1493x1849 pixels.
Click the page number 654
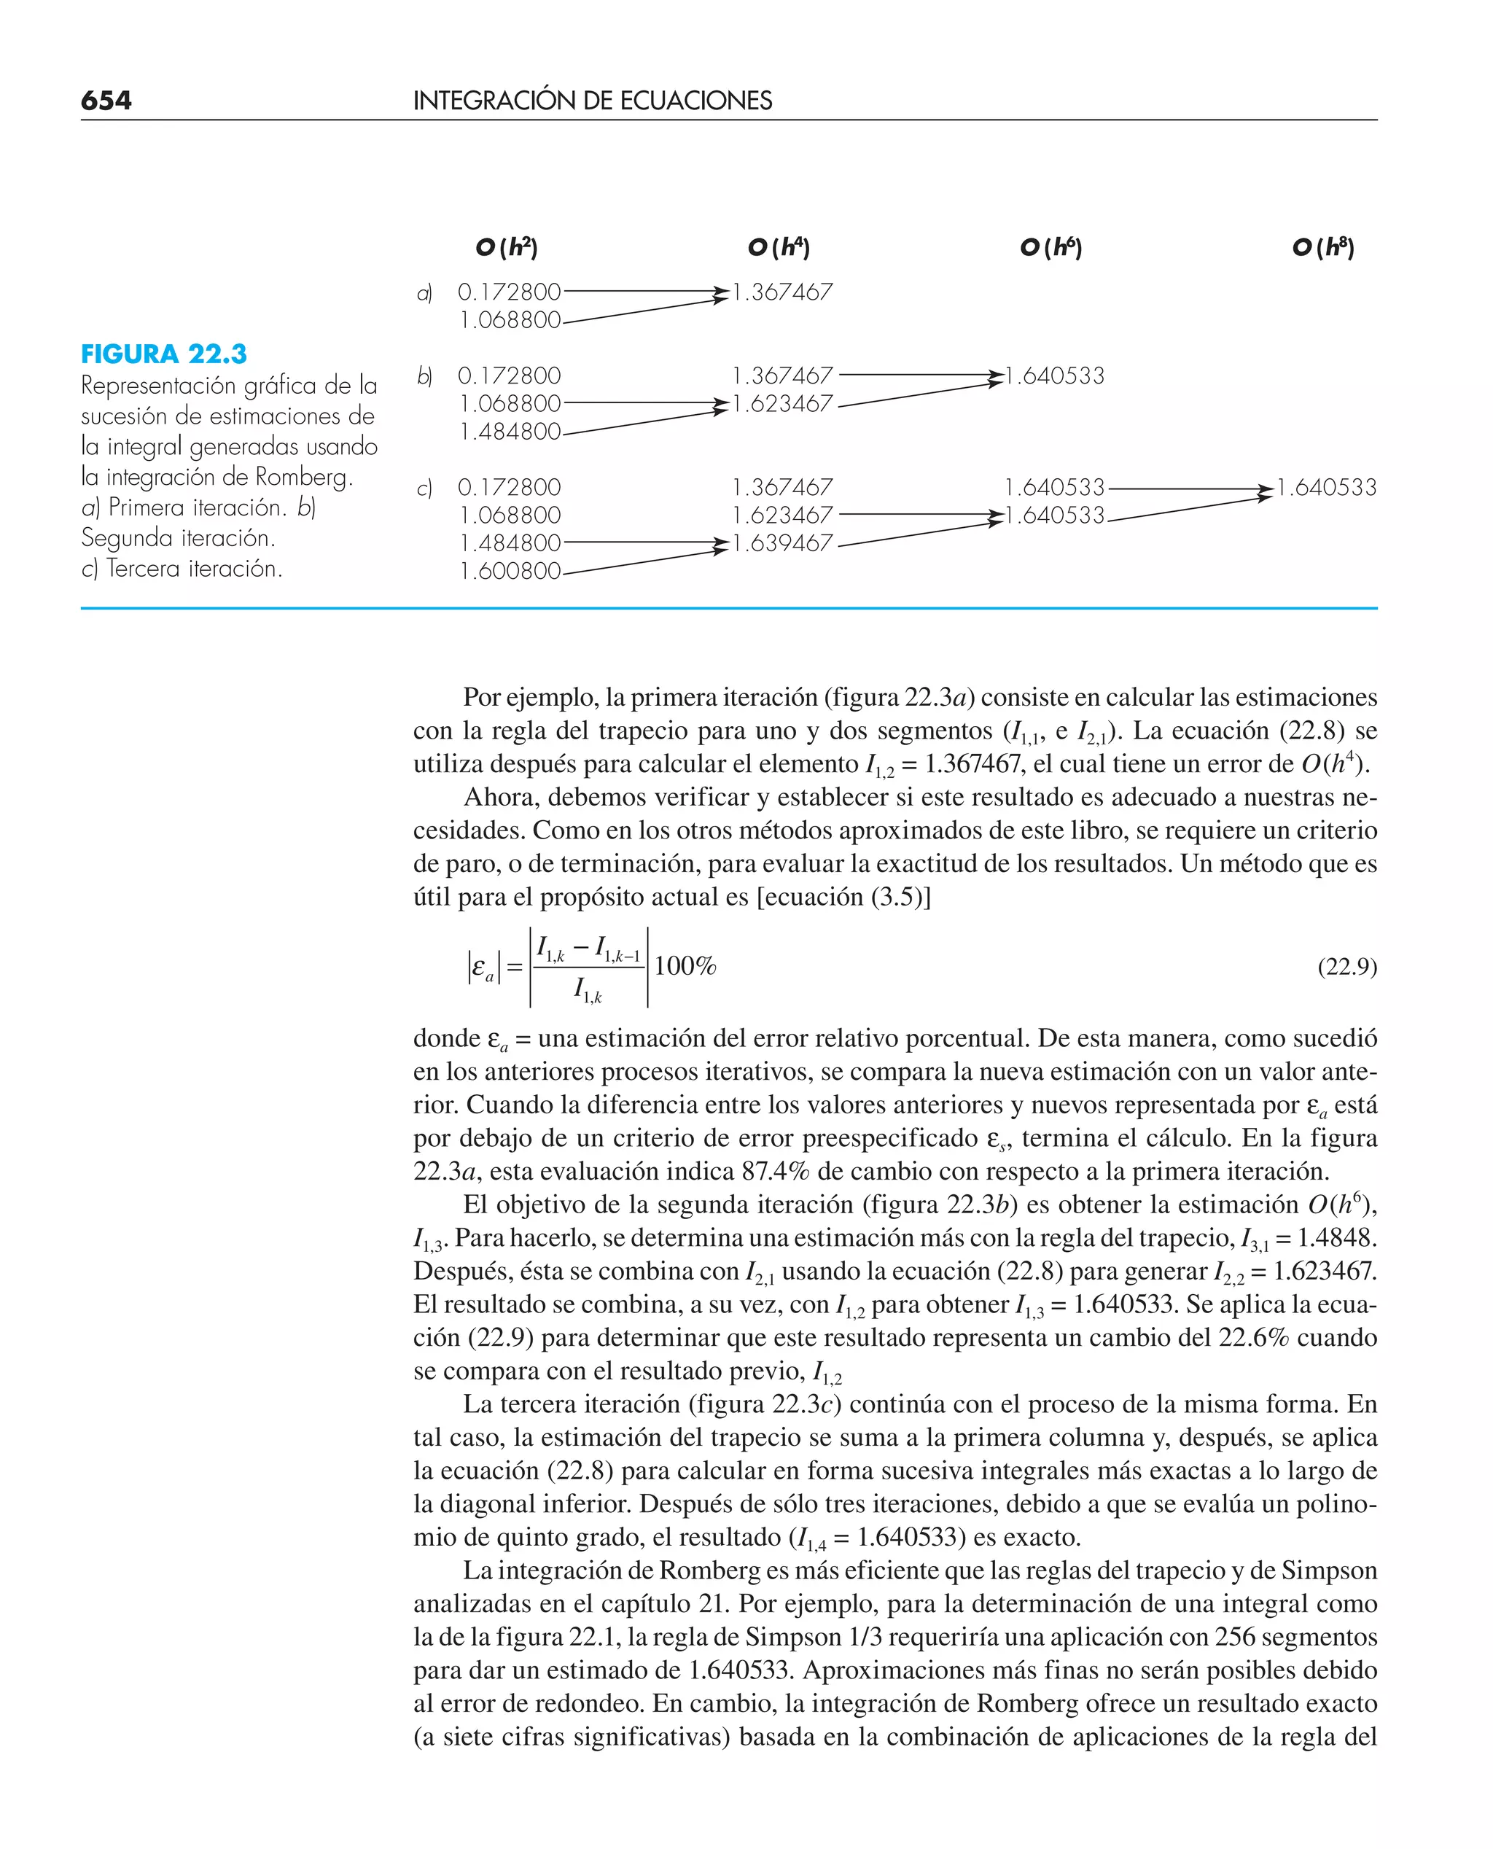[x=106, y=101]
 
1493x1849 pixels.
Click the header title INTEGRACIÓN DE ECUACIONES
[x=592, y=101]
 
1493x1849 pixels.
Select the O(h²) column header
[x=507, y=248]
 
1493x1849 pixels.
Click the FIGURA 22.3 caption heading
[x=163, y=354]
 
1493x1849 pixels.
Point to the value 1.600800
[x=510, y=571]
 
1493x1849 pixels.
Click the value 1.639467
[x=783, y=543]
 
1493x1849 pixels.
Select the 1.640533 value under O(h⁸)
[x=1327, y=488]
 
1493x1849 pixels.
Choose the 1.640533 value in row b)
[x=1056, y=375]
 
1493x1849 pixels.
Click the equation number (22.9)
[x=1346, y=967]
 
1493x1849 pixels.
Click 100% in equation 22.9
[x=685, y=966]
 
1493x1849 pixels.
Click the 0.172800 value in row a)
[x=509, y=292]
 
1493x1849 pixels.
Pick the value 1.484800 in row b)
[x=510, y=432]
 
